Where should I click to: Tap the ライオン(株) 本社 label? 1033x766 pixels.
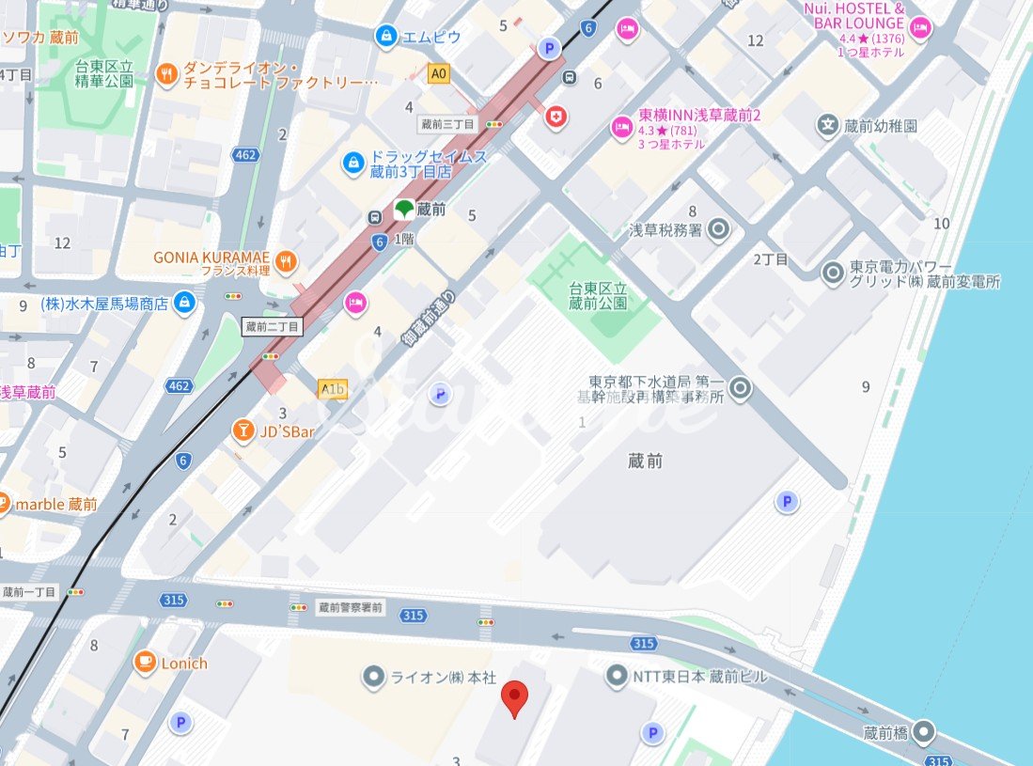[x=431, y=677]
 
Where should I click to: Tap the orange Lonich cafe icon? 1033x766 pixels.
[x=145, y=663]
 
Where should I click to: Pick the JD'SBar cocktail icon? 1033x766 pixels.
[x=243, y=430]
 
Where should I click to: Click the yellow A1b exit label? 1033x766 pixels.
[x=333, y=389]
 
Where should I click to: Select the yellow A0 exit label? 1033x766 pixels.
[x=438, y=72]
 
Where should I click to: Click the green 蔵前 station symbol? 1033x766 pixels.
[x=403, y=210]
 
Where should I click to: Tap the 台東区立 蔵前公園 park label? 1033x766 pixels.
[x=597, y=294]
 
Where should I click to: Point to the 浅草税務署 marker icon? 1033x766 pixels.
[x=719, y=228]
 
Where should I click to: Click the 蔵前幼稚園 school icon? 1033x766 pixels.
[x=827, y=125]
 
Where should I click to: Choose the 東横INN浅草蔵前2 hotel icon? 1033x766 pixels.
[x=621, y=126]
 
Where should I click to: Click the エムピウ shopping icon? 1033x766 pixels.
[x=385, y=37]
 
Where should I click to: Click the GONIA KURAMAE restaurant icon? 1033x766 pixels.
[x=288, y=260]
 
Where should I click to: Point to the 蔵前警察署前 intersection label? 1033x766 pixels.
[x=350, y=607]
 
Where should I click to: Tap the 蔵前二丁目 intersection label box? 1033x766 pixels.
[x=273, y=326]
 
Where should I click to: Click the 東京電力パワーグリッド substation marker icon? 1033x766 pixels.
[x=833, y=274]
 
